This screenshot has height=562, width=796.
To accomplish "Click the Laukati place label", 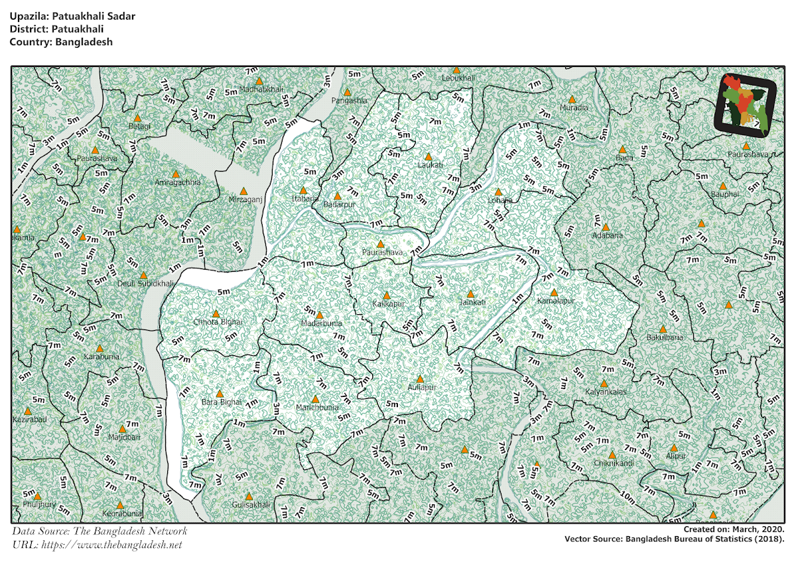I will click(x=430, y=165).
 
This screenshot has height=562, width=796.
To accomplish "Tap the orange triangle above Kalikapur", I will click(x=387, y=296).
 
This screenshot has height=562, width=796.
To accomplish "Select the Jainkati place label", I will click(x=472, y=303).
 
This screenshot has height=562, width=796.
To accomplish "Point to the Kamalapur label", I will click(x=555, y=301).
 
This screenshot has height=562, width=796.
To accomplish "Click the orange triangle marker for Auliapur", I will click(x=420, y=379).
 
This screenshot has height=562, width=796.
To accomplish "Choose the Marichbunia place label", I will click(x=317, y=408).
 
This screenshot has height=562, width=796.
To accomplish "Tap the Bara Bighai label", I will click(x=221, y=402).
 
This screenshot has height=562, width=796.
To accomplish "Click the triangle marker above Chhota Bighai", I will click(x=216, y=313).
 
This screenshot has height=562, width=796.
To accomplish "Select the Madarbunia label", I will click(x=322, y=323).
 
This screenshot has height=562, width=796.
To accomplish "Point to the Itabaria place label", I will click(x=305, y=199).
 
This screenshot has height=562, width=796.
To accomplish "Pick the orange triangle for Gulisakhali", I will click(x=249, y=496).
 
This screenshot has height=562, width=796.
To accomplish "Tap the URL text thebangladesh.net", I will click(x=111, y=545).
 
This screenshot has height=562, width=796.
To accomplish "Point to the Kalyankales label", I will click(x=605, y=392).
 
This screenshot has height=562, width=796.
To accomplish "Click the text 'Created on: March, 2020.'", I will click(x=734, y=530).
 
